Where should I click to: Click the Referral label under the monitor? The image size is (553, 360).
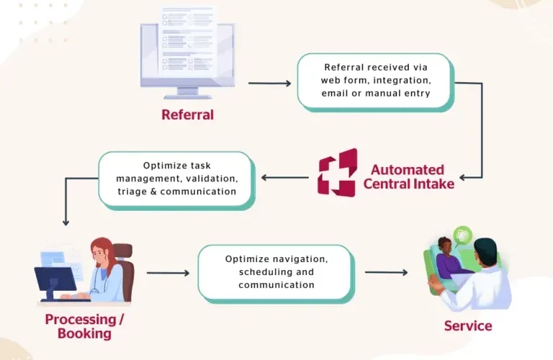coord(187,114)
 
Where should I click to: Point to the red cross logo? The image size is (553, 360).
coord(337,173)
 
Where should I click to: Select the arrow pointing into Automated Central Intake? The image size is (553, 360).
coord(472,177)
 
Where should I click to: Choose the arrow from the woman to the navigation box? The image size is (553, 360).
coord(167,273)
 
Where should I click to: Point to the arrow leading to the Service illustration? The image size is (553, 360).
coord(386,273)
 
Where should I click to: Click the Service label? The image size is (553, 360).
coord(467,326)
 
